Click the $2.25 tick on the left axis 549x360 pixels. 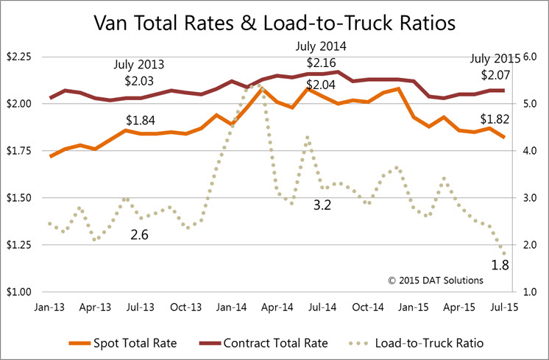click(18, 57)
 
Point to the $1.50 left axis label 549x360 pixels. click(18, 198)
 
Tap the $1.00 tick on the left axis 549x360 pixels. click(18, 292)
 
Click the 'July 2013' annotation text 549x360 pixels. click(140, 64)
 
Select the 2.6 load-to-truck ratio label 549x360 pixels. click(140, 235)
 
